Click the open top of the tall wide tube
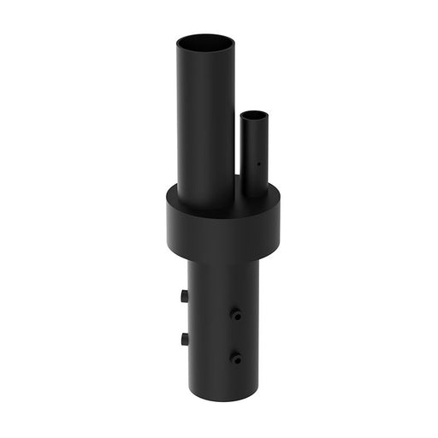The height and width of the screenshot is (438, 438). coord(205,42)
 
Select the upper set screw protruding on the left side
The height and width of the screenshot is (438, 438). coord(184,295)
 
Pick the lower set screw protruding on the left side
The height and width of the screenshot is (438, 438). coord(184,339)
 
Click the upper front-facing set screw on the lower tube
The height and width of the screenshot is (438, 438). coord(235,315)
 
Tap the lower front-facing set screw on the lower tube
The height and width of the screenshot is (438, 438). coord(235,358)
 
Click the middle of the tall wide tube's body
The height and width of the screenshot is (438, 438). coord(205,120)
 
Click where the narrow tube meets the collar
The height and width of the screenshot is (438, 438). coord(253,195)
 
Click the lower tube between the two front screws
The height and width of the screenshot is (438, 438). coord(235,336)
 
